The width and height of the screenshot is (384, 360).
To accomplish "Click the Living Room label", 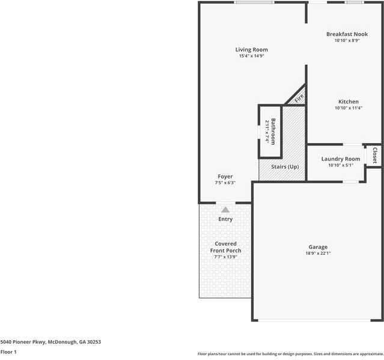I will click(x=251, y=49).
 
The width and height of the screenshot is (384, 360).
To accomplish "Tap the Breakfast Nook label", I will click(x=347, y=34).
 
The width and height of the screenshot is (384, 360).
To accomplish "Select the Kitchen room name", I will click(x=348, y=102).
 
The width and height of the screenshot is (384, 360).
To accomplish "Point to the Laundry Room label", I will click(x=341, y=159).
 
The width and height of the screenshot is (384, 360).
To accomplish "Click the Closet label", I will click(x=375, y=155).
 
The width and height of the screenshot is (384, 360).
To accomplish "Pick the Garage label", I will click(x=318, y=247).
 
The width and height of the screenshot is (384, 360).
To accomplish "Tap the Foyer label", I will click(x=225, y=177).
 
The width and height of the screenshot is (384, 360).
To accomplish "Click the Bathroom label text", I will click(x=273, y=131).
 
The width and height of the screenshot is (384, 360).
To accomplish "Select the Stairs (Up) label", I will click(x=285, y=166).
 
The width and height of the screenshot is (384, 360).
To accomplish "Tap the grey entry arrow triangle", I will click(x=225, y=209).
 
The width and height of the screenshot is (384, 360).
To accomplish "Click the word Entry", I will click(x=225, y=219).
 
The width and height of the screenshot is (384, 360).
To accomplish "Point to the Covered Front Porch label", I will click(x=225, y=247).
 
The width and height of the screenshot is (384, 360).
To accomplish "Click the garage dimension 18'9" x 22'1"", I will click(x=318, y=254).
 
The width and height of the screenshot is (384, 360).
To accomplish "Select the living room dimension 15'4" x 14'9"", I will click(x=251, y=56).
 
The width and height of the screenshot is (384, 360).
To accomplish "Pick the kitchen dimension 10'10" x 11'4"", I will click(x=348, y=108).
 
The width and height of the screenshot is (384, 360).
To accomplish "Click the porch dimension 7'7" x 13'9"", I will click(x=225, y=257).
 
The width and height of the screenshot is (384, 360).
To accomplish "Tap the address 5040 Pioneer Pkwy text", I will click(x=50, y=341).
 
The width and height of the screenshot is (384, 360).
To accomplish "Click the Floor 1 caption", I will click(x=8, y=352).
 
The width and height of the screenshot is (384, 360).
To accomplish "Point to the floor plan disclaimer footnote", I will click(x=290, y=354).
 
